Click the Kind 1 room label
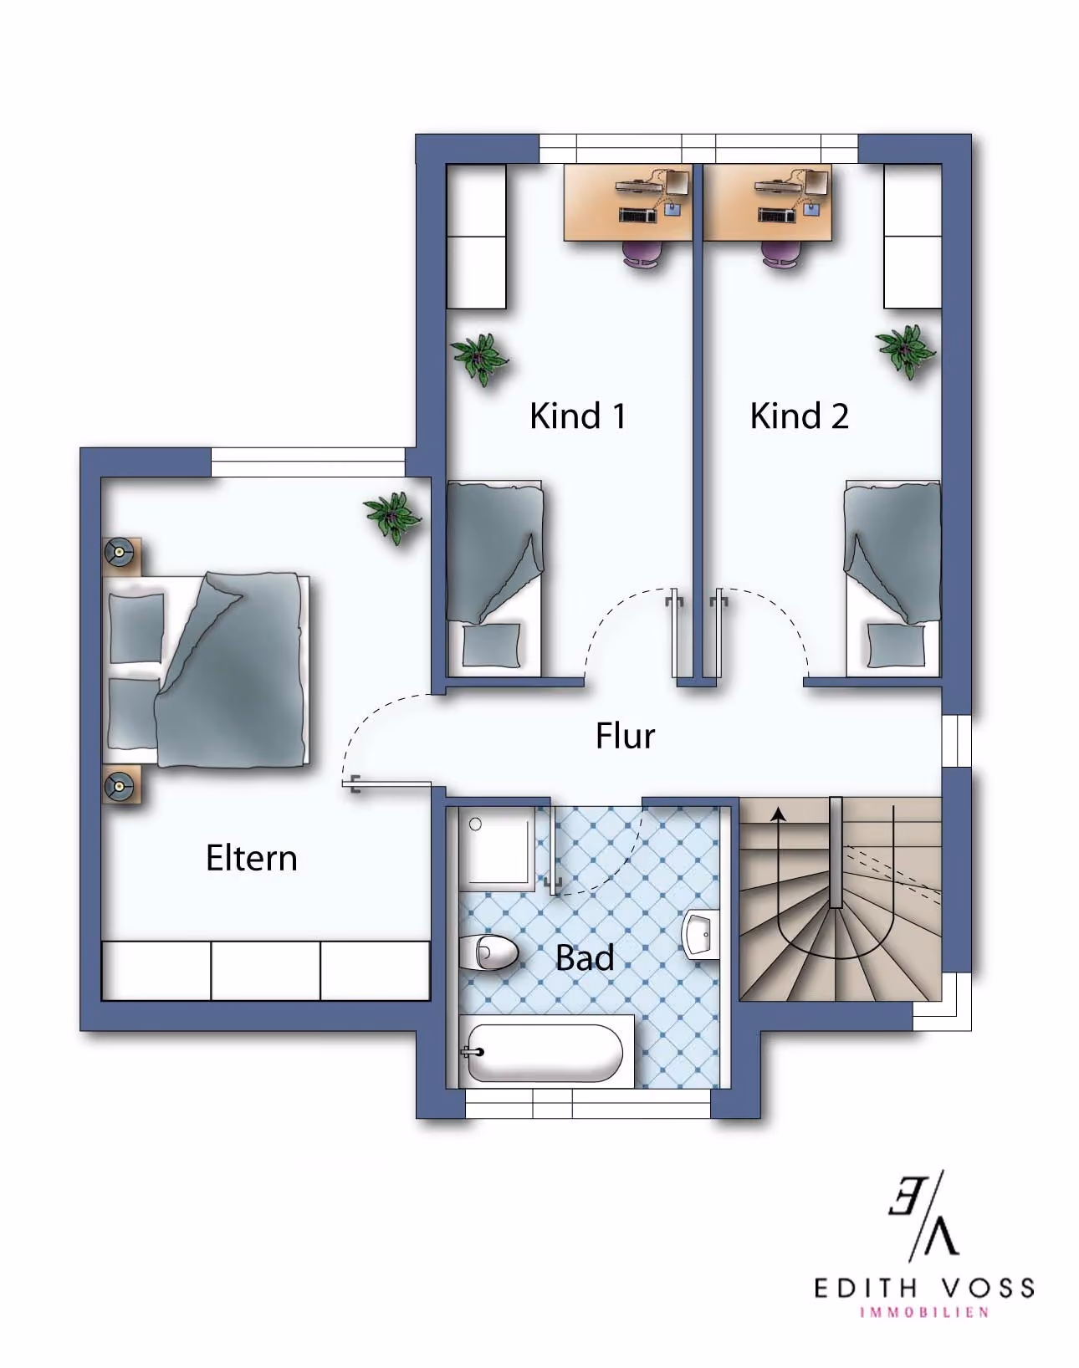(x=577, y=416)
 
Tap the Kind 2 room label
(x=800, y=416)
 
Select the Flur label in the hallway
(x=625, y=736)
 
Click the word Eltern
(x=252, y=858)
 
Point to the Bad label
(x=585, y=957)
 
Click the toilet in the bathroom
(x=488, y=952)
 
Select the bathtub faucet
(x=473, y=1051)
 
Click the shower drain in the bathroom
(x=475, y=824)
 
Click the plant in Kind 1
(x=478, y=359)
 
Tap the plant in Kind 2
(x=905, y=351)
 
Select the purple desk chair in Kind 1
(x=644, y=253)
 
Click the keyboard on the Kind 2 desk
(x=776, y=216)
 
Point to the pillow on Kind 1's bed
(x=491, y=646)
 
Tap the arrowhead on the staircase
(x=778, y=814)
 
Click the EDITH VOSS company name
(x=924, y=1288)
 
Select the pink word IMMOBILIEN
(x=924, y=1313)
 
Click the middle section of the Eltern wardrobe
(x=265, y=971)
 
